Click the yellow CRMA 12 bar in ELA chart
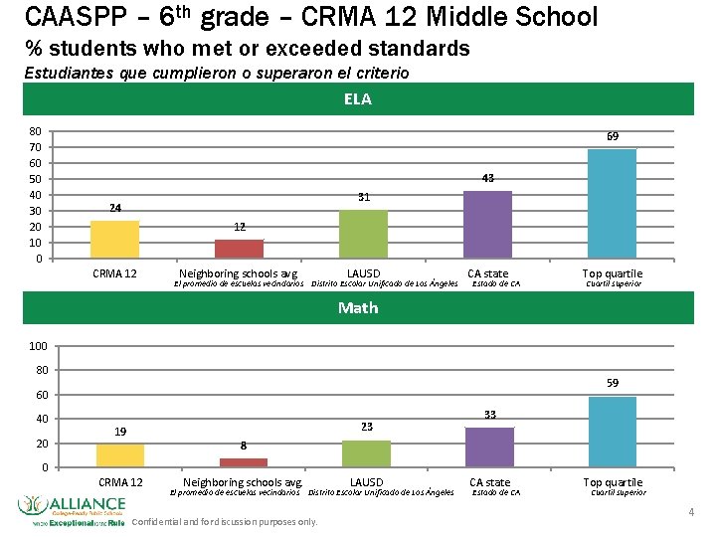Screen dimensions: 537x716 coord(114,239)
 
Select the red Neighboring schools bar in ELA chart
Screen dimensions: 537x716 coord(239,249)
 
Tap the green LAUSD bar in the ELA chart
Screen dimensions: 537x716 coord(363,235)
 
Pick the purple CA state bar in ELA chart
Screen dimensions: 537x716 coord(487,225)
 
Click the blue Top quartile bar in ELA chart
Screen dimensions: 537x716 coord(612,204)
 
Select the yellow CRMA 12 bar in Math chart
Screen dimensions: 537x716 coord(120,455)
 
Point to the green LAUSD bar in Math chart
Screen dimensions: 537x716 coord(366,453)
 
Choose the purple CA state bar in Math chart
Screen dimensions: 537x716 coord(489,447)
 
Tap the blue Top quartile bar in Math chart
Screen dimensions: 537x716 coord(613,432)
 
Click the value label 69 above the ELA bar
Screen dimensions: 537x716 coord(614,136)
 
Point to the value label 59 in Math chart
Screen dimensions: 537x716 coord(613,383)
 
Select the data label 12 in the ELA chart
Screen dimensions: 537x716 coord(240,227)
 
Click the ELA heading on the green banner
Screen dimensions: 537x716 coord(358,98)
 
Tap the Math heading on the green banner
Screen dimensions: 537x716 coord(358,308)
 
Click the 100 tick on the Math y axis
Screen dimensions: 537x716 coord(38,346)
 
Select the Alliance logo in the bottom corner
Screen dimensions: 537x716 coord(70,509)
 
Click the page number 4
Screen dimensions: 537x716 coord(690,511)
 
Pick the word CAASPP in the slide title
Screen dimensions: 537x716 coord(68,17)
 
